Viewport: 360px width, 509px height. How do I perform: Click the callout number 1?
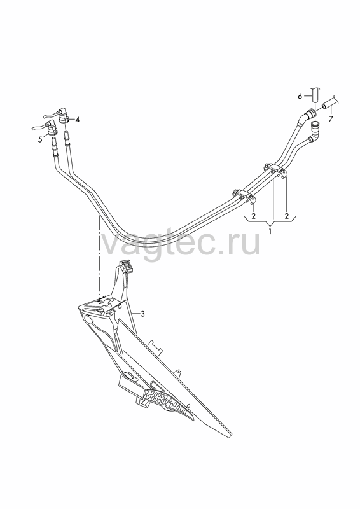(270, 232)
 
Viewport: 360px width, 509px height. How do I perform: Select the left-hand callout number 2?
(254, 216)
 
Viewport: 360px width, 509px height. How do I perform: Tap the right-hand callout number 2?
(287, 216)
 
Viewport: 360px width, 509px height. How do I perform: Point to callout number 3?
(142, 314)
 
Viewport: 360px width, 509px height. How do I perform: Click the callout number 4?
(77, 120)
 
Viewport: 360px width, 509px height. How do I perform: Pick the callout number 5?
(40, 139)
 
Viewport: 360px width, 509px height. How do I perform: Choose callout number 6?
(300, 96)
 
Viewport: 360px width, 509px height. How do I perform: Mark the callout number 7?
(331, 119)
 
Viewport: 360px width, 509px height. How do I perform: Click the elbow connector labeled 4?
(63, 116)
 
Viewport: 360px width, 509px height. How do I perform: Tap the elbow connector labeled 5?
(52, 128)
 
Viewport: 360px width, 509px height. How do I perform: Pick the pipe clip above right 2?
(275, 170)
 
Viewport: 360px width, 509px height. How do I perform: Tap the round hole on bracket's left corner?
(89, 321)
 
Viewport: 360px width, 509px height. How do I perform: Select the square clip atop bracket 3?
(127, 266)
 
